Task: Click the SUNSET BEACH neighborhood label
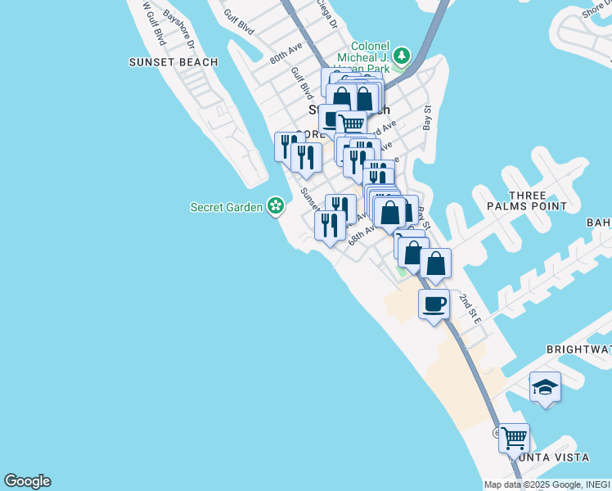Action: point(173,62)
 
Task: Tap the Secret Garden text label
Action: point(228,207)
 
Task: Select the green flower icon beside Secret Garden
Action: point(277,205)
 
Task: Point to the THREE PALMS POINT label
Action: point(537,200)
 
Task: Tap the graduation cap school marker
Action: point(545,388)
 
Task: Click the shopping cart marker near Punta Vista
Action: point(514,438)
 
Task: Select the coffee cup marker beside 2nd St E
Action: point(434,304)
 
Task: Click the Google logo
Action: point(27,481)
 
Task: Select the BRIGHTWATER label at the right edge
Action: point(579,349)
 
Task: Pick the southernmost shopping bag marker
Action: point(436,264)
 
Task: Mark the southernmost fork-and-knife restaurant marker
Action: point(329,225)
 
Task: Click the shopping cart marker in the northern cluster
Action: point(351,124)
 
